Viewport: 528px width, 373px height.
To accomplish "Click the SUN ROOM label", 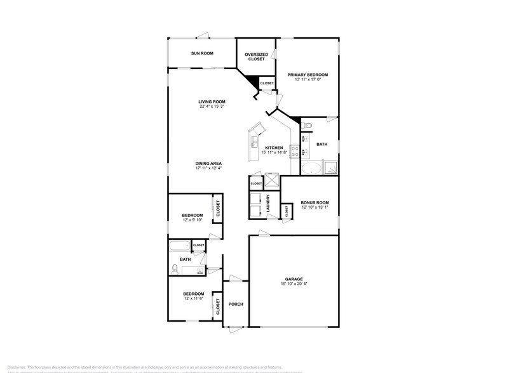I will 201,53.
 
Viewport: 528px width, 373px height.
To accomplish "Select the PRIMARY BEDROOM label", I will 307,75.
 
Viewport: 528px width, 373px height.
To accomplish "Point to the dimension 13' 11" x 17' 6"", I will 307,80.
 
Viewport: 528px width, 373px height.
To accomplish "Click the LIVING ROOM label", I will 212,101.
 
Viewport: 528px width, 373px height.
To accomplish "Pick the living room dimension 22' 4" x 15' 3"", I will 212,107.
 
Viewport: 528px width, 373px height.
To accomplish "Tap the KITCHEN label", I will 274,148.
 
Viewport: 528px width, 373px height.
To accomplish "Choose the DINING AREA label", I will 208,164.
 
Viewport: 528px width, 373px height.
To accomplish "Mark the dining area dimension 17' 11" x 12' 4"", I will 208,169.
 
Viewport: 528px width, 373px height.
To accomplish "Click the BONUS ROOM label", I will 314,202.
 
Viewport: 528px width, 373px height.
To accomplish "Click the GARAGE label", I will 293,278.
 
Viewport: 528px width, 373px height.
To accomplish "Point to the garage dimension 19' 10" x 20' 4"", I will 293,284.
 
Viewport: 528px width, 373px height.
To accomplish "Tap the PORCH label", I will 236,304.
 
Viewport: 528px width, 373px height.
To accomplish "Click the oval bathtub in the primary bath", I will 311,168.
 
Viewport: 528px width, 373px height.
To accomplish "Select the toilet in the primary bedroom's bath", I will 306,127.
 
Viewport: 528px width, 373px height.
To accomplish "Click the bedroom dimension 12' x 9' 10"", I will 193,220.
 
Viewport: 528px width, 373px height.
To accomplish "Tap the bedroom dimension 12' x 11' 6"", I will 193,299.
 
